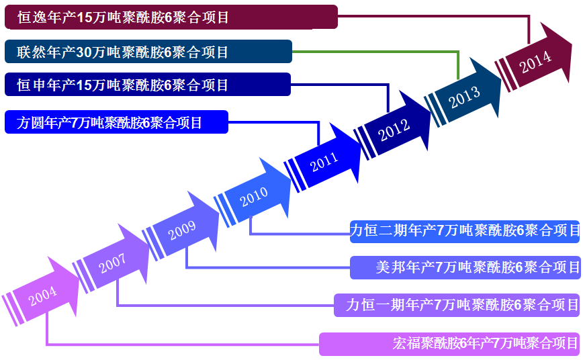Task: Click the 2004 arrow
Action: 42,294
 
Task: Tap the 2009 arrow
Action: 183,230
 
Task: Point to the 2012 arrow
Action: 394,128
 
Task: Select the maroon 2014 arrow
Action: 535,60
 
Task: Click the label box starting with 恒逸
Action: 171,17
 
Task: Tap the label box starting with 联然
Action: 148,52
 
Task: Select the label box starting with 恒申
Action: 147,85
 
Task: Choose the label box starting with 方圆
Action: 116,123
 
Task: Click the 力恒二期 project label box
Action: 465,231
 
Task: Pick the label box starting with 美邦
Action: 465,267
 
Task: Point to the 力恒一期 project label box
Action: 457,305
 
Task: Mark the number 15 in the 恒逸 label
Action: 85,17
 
